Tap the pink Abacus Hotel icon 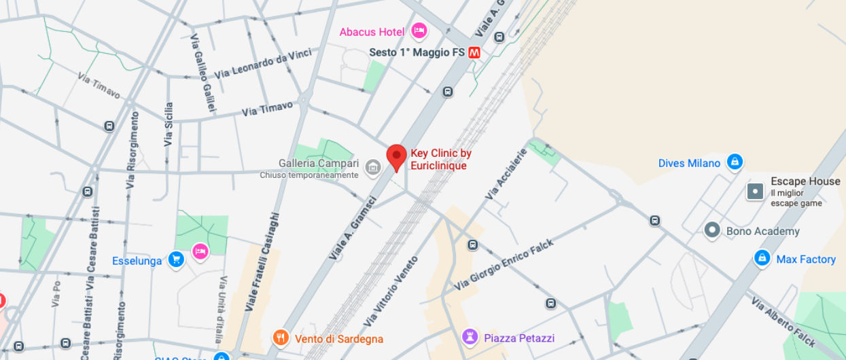(x=419, y=31)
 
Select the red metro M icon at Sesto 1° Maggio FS (x=474, y=52)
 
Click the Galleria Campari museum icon (x=372, y=166)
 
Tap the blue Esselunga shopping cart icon (x=177, y=259)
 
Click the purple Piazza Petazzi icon (x=470, y=337)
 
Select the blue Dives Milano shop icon (x=734, y=162)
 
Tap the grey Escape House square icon (x=756, y=192)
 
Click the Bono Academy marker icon (x=712, y=230)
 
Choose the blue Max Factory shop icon (x=762, y=259)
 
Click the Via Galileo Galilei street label (x=202, y=73)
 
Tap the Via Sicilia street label (x=169, y=124)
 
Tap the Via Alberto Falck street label (x=782, y=322)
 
